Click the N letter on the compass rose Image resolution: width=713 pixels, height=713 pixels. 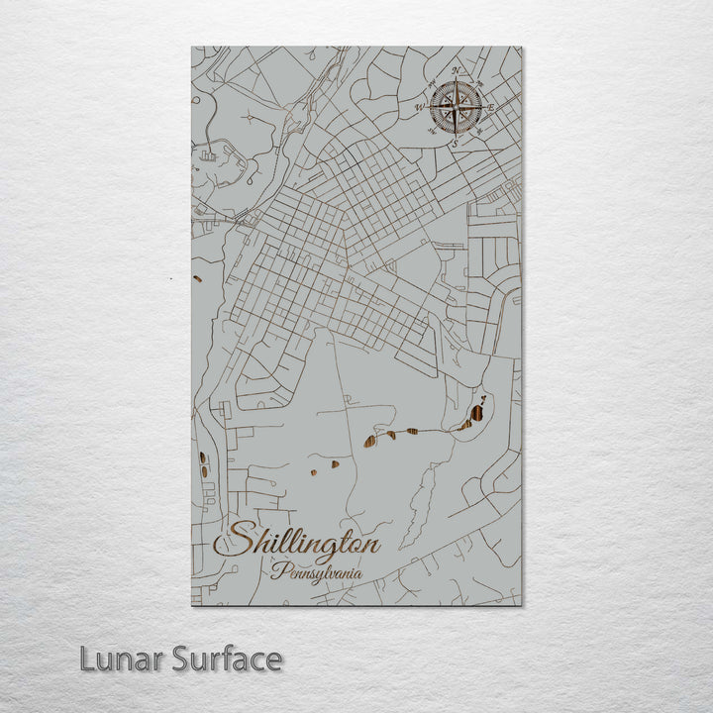click(x=456, y=70)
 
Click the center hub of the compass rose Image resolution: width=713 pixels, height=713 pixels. click(x=457, y=106)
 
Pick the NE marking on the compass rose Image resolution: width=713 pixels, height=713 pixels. click(x=478, y=81)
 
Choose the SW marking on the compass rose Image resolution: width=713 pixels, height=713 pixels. click(x=433, y=130)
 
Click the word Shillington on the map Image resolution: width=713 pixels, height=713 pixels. click(x=303, y=544)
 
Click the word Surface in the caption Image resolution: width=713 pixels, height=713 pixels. click(x=227, y=659)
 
